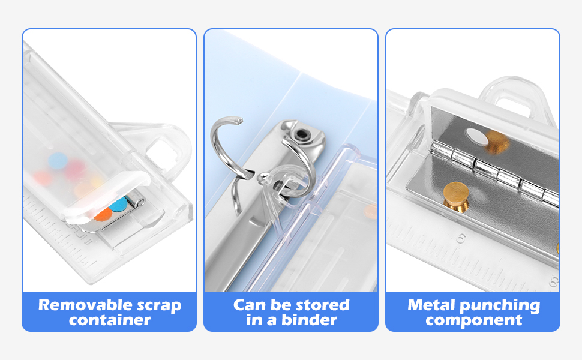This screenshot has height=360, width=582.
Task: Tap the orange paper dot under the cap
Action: point(103,213)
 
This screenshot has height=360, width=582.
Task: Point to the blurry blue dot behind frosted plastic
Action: point(58,161)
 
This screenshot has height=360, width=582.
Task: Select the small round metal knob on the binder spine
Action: point(263,177)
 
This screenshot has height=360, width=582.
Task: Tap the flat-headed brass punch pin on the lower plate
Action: point(457,196)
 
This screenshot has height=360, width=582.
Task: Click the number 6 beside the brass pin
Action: point(460,239)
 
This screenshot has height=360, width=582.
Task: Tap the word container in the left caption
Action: point(109,320)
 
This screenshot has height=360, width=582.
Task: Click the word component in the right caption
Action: point(473,320)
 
